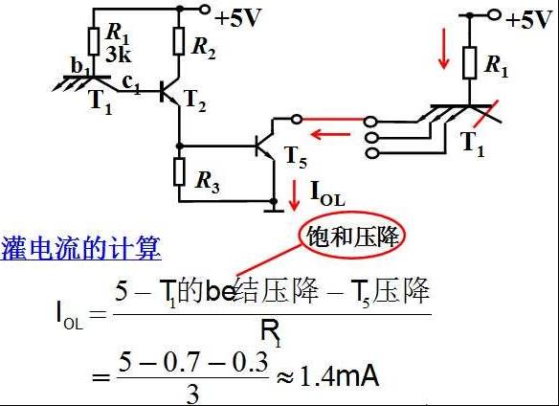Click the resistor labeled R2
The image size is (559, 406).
pyautogui.click(x=179, y=41)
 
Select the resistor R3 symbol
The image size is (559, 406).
pyautogui.click(x=179, y=172)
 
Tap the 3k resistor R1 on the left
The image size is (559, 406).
pyautogui.click(x=94, y=42)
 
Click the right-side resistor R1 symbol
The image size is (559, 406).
pyautogui.click(x=470, y=62)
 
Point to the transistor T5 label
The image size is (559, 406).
pyautogui.click(x=296, y=157)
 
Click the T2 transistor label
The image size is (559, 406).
pyautogui.click(x=195, y=101)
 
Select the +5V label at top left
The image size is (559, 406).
pyautogui.click(x=237, y=18)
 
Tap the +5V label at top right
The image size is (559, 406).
pyautogui.click(x=528, y=19)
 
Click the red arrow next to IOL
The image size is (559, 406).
pyautogui.click(x=294, y=195)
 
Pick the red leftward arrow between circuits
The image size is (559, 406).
pyautogui.click(x=330, y=134)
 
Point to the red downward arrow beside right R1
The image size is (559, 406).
pyautogui.click(x=443, y=49)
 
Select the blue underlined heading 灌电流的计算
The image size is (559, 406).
pyautogui.click(x=80, y=248)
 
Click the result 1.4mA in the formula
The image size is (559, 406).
pyautogui.click(x=340, y=376)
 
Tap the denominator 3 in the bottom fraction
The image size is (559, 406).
pyautogui.click(x=192, y=394)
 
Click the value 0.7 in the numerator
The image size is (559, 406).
pyautogui.click(x=186, y=362)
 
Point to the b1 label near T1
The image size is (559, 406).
pyautogui.click(x=79, y=66)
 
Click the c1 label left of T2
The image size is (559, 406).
pyautogui.click(x=131, y=84)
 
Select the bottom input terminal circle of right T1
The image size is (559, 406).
pyautogui.click(x=371, y=153)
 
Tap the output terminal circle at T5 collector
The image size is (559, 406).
pyautogui.click(x=297, y=120)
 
